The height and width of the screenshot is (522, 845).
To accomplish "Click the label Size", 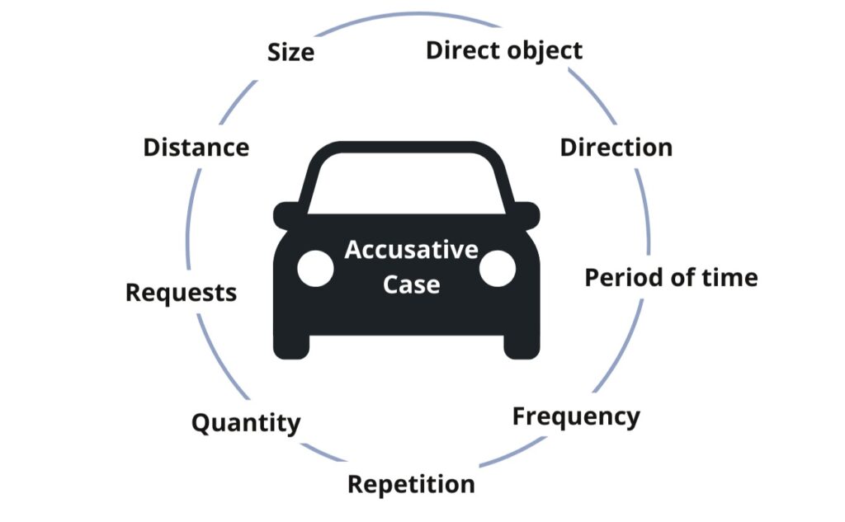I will [290, 53].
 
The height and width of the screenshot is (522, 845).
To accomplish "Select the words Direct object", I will [503, 50].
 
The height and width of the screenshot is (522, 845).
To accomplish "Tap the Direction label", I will [616, 148].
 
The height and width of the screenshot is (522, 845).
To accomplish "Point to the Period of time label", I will [671, 277].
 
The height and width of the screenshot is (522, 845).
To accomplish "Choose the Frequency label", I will [576, 416].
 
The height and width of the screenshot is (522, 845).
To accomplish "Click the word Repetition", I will [411, 484].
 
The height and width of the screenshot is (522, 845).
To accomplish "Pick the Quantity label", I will [246, 424].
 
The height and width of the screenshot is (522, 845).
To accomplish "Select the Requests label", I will [181, 293].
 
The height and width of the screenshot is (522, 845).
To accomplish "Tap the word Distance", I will [196, 148].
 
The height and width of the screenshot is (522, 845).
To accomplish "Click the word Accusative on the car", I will [411, 250].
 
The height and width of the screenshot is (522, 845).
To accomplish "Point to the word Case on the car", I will [411, 285].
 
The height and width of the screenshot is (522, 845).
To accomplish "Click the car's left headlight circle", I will [315, 269].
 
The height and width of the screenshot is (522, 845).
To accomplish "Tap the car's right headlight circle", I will [498, 269].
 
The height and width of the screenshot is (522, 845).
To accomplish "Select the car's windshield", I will [406, 182].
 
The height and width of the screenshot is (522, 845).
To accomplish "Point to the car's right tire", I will [522, 346].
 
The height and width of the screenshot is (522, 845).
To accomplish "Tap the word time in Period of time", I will [728, 277].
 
